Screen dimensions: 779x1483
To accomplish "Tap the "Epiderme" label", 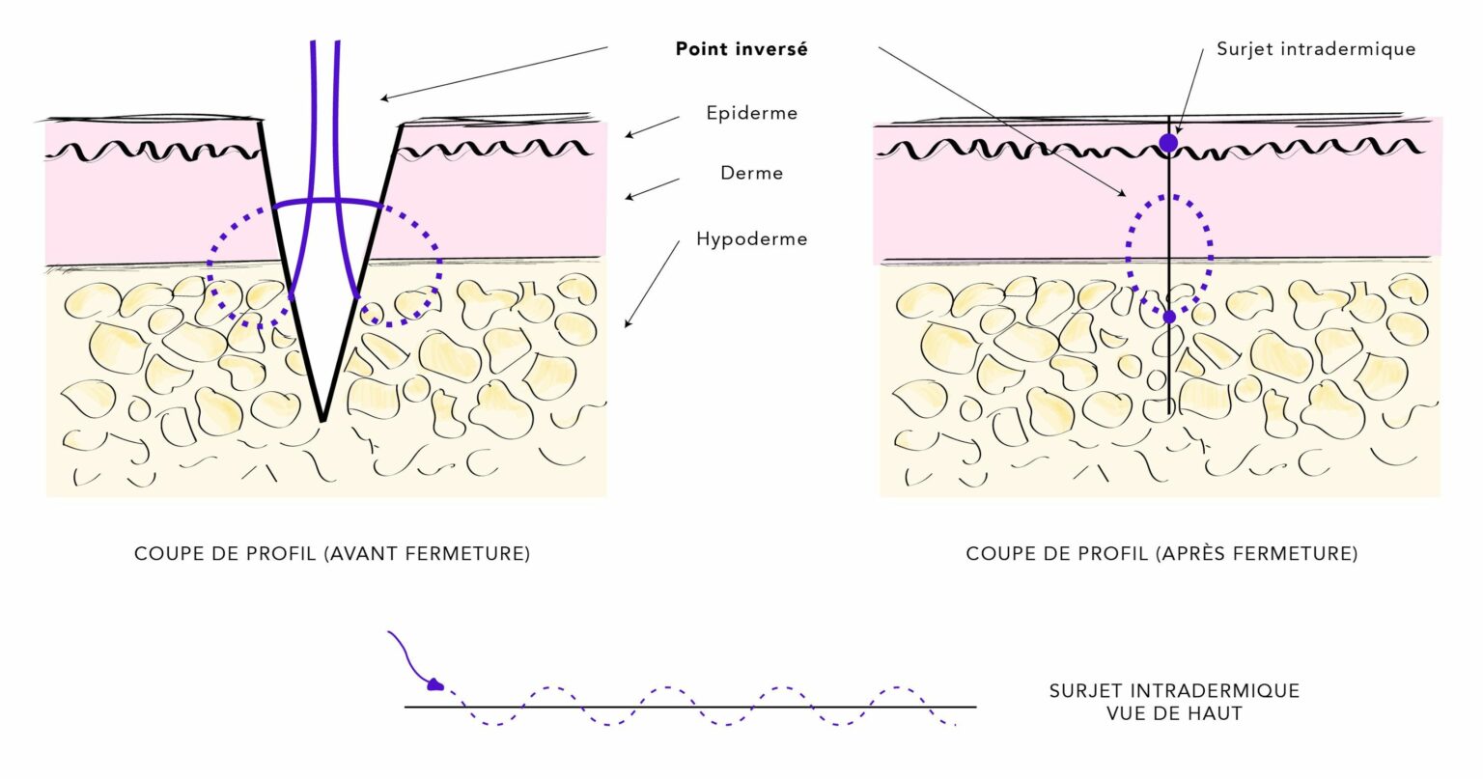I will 751,113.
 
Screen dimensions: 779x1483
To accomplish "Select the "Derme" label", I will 751,174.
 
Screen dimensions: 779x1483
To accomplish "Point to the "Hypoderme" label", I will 751,238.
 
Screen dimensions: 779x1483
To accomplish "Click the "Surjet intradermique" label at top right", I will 1315,49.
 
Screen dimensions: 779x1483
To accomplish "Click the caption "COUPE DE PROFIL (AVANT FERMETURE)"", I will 332,554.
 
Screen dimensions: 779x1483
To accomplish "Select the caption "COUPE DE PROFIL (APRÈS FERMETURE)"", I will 1161,554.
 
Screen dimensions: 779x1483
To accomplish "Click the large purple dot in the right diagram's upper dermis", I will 1168,144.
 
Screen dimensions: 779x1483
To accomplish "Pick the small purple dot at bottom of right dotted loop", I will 1169,317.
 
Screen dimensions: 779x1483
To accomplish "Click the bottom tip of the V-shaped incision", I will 322,420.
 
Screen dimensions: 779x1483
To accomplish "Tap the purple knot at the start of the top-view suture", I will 435,685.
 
